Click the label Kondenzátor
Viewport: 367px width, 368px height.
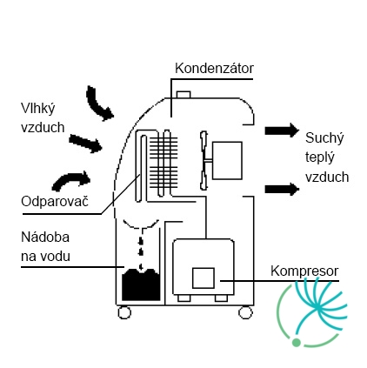click(x=214, y=69)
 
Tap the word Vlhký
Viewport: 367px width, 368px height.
click(x=38, y=109)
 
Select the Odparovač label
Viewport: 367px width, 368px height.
click(x=55, y=201)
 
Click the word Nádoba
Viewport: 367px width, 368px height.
click(x=45, y=238)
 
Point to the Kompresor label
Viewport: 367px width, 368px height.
click(x=304, y=271)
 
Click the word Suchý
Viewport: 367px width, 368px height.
click(x=324, y=138)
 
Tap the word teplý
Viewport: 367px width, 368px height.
click(x=320, y=157)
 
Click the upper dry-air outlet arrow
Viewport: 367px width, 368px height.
click(x=282, y=130)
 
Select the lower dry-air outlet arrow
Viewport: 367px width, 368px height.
click(x=282, y=190)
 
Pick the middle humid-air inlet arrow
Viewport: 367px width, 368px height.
click(x=85, y=143)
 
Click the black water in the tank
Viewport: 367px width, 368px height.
click(x=141, y=284)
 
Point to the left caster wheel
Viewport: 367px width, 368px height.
click(x=124, y=313)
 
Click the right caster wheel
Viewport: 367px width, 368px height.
click(x=245, y=312)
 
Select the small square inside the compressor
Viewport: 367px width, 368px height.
click(x=204, y=278)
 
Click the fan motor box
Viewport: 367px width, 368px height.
click(x=227, y=160)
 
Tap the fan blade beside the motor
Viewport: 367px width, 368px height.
click(x=204, y=160)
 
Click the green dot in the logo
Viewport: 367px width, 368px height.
click(x=296, y=343)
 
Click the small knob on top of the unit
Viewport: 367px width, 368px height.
click(x=183, y=95)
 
